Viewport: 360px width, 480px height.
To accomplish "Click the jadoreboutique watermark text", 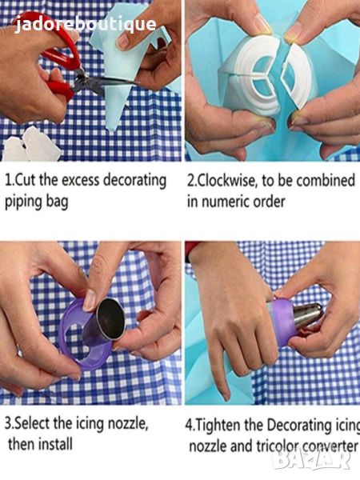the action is pyautogui.click(x=86, y=25).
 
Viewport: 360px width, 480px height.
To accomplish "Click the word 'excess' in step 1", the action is pyautogui.click(x=81, y=180).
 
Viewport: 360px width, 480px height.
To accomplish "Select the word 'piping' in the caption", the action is pyautogui.click(x=23, y=202).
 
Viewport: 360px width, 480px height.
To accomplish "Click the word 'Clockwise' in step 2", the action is pyautogui.click(x=226, y=180).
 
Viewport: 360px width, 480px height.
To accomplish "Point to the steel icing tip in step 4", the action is pyautogui.click(x=309, y=315).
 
